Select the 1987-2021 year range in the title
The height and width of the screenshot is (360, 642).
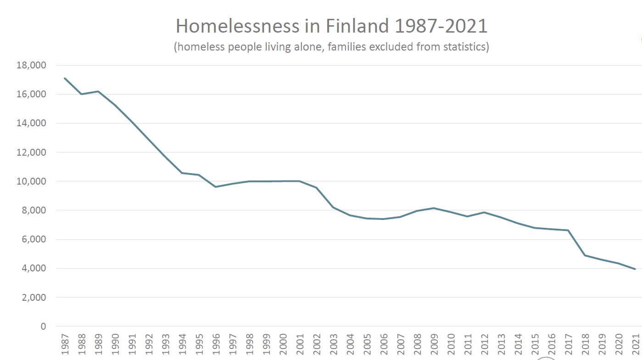tap(440, 27)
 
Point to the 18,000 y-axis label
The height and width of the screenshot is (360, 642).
tap(31, 65)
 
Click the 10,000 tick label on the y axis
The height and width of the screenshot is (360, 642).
tap(31, 181)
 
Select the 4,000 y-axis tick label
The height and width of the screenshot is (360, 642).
tap(33, 268)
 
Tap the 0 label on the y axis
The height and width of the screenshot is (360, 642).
tap(43, 326)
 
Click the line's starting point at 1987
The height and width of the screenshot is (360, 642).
tap(65, 78)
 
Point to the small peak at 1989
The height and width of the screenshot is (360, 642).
tap(98, 91)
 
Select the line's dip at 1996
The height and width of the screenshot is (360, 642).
tap(216, 187)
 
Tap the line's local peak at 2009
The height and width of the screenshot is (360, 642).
tap(434, 208)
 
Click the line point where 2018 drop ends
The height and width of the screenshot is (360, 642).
tap(585, 255)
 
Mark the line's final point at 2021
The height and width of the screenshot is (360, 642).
tap(635, 269)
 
